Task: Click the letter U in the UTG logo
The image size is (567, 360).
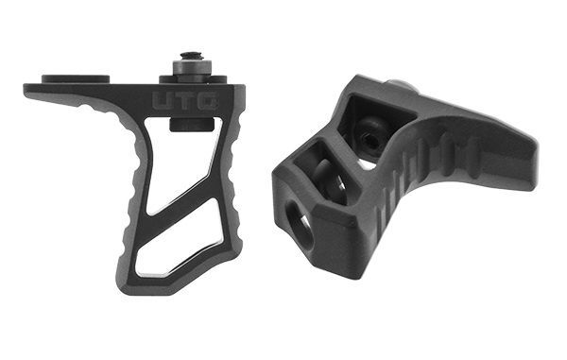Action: (x=163, y=100)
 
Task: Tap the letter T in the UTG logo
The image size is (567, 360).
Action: (x=185, y=100)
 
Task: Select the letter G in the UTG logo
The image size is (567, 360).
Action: (x=208, y=100)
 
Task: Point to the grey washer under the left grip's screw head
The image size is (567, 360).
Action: (x=192, y=68)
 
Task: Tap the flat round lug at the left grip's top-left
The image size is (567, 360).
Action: (x=76, y=78)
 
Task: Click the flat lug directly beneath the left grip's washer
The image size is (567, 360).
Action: (x=193, y=79)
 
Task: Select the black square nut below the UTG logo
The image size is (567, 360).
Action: (x=192, y=124)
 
